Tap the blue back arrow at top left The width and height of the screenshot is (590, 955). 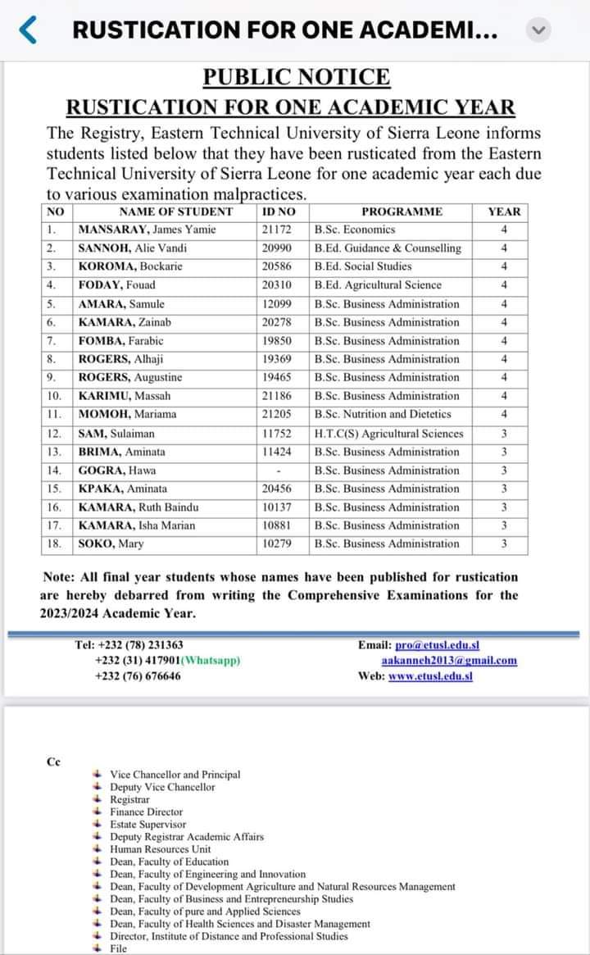[27, 31]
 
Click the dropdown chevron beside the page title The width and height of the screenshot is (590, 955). [538, 31]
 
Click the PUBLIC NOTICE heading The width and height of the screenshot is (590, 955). [297, 78]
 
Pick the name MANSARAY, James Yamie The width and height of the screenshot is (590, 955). [147, 230]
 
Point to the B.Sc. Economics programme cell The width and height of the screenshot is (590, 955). [355, 230]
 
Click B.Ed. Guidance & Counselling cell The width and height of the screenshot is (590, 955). [388, 248]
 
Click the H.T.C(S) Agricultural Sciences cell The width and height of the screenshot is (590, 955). [389, 434]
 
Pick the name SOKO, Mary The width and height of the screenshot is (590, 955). [111, 544]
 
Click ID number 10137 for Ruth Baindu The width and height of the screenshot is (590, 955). [277, 507]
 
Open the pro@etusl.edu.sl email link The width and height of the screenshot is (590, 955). [437, 646]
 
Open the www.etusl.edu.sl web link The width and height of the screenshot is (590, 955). [430, 676]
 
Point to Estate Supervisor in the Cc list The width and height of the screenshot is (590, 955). [148, 825]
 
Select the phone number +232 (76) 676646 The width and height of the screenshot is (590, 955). [138, 676]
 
